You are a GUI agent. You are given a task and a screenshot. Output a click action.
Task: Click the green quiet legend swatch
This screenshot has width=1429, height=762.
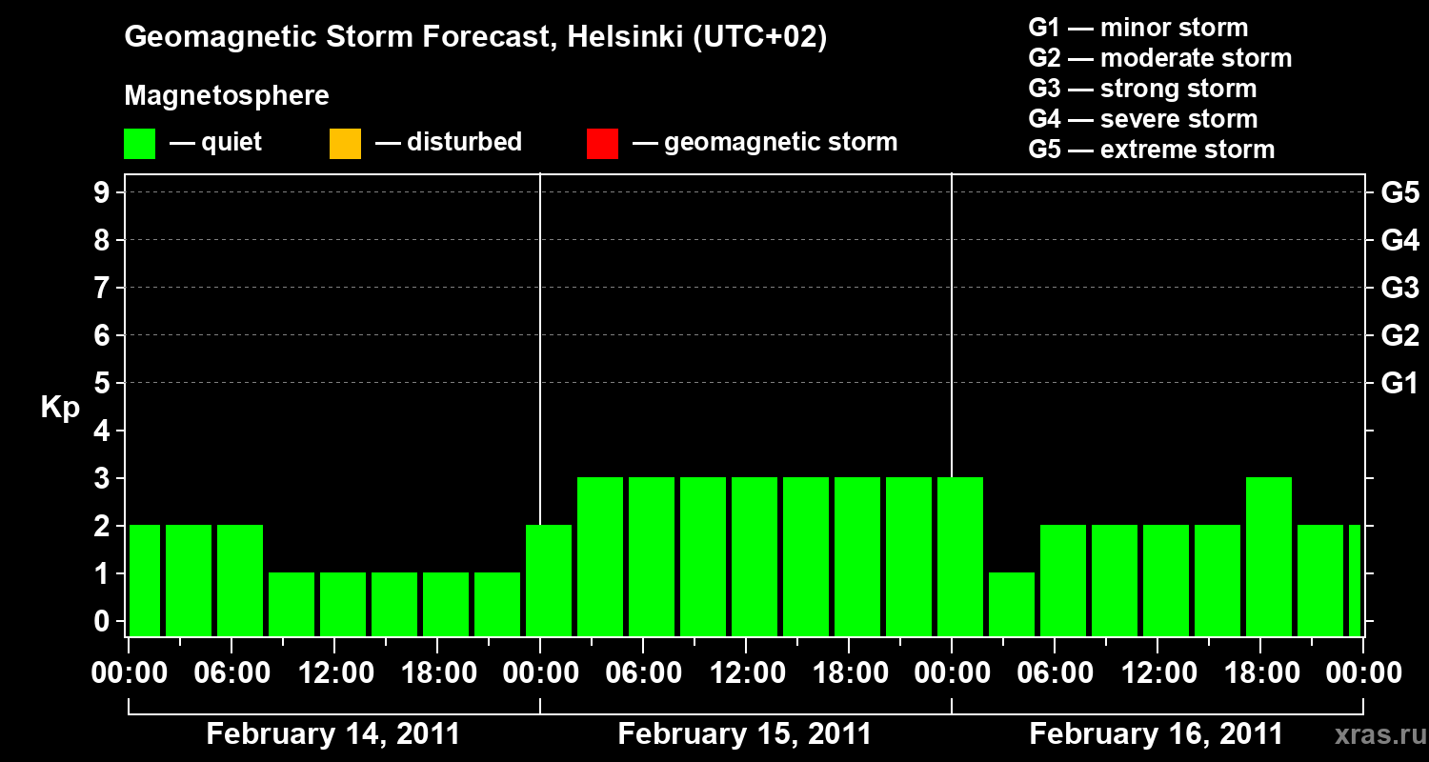coord(139,143)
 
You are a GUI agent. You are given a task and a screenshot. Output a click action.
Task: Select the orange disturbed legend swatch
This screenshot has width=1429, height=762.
coord(345,143)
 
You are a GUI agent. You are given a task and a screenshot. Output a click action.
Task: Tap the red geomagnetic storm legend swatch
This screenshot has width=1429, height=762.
coord(602,143)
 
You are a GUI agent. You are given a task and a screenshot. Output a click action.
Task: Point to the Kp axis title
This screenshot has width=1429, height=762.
coord(60,407)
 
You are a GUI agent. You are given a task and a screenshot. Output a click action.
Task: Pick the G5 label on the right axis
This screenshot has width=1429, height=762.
coord(1399,193)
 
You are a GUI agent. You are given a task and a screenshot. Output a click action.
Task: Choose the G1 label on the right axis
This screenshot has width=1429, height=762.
coord(1399,384)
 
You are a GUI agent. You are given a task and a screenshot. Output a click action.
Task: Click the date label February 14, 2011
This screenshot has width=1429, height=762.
coord(332,734)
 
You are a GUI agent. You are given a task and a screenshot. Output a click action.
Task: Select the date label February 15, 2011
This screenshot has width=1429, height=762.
coord(744,734)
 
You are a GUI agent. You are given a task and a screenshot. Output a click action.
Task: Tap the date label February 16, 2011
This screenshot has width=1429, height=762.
coord(1156,734)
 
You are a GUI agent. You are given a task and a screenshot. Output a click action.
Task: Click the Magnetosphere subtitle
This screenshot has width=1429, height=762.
coord(227,96)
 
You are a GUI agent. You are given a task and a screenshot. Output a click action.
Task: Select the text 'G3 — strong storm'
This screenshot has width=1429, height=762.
coord(1142,89)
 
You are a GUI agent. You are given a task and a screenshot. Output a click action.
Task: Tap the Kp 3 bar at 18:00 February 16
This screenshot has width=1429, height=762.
coord(1269,556)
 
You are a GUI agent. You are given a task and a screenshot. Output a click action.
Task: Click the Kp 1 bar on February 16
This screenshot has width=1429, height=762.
coord(1012,604)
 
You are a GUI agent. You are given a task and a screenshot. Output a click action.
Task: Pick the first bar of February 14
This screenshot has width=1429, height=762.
coord(145,580)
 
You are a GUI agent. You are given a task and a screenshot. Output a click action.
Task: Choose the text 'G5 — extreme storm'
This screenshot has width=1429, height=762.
coord(1151,150)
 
